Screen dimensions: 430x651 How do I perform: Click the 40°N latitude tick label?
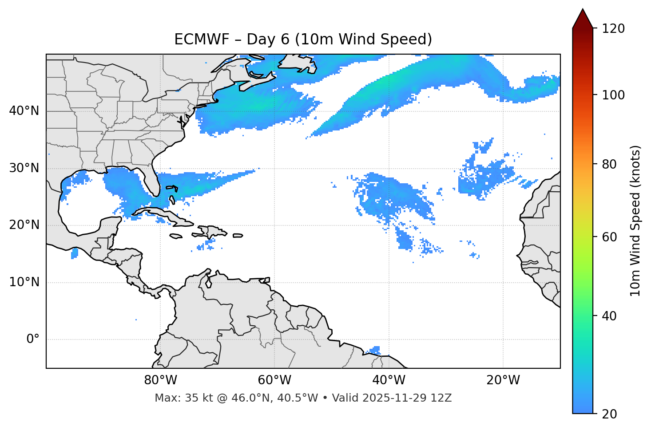pyautogui.click(x=24, y=111)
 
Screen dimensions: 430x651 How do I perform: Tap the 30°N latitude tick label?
pyautogui.click(x=24, y=168)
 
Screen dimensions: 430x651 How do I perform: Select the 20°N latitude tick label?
pyautogui.click(x=24, y=225)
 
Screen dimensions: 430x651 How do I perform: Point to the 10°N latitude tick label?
pyautogui.click(x=24, y=282)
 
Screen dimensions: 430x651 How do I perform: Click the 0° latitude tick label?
pyautogui.click(x=33, y=339)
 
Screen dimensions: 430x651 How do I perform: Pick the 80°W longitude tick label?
pyautogui.click(x=160, y=380)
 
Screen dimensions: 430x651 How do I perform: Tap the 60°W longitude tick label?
pyautogui.click(x=274, y=380)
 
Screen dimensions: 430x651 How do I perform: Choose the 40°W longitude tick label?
pyautogui.click(x=389, y=380)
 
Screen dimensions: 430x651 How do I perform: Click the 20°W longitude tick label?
pyautogui.click(x=503, y=380)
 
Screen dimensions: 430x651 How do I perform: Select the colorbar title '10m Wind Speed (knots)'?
pyautogui.click(x=635, y=221)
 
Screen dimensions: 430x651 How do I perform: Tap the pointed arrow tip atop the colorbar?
pyautogui.click(x=583, y=10)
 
